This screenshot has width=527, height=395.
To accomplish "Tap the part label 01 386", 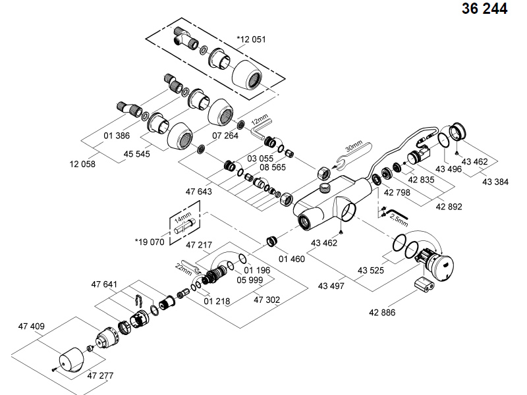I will pos(117,136).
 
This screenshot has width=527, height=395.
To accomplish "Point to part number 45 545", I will pos(136,155).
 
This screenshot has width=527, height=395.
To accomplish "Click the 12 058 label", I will pos(82,164).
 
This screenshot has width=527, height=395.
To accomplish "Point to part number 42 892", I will pos(449,206).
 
